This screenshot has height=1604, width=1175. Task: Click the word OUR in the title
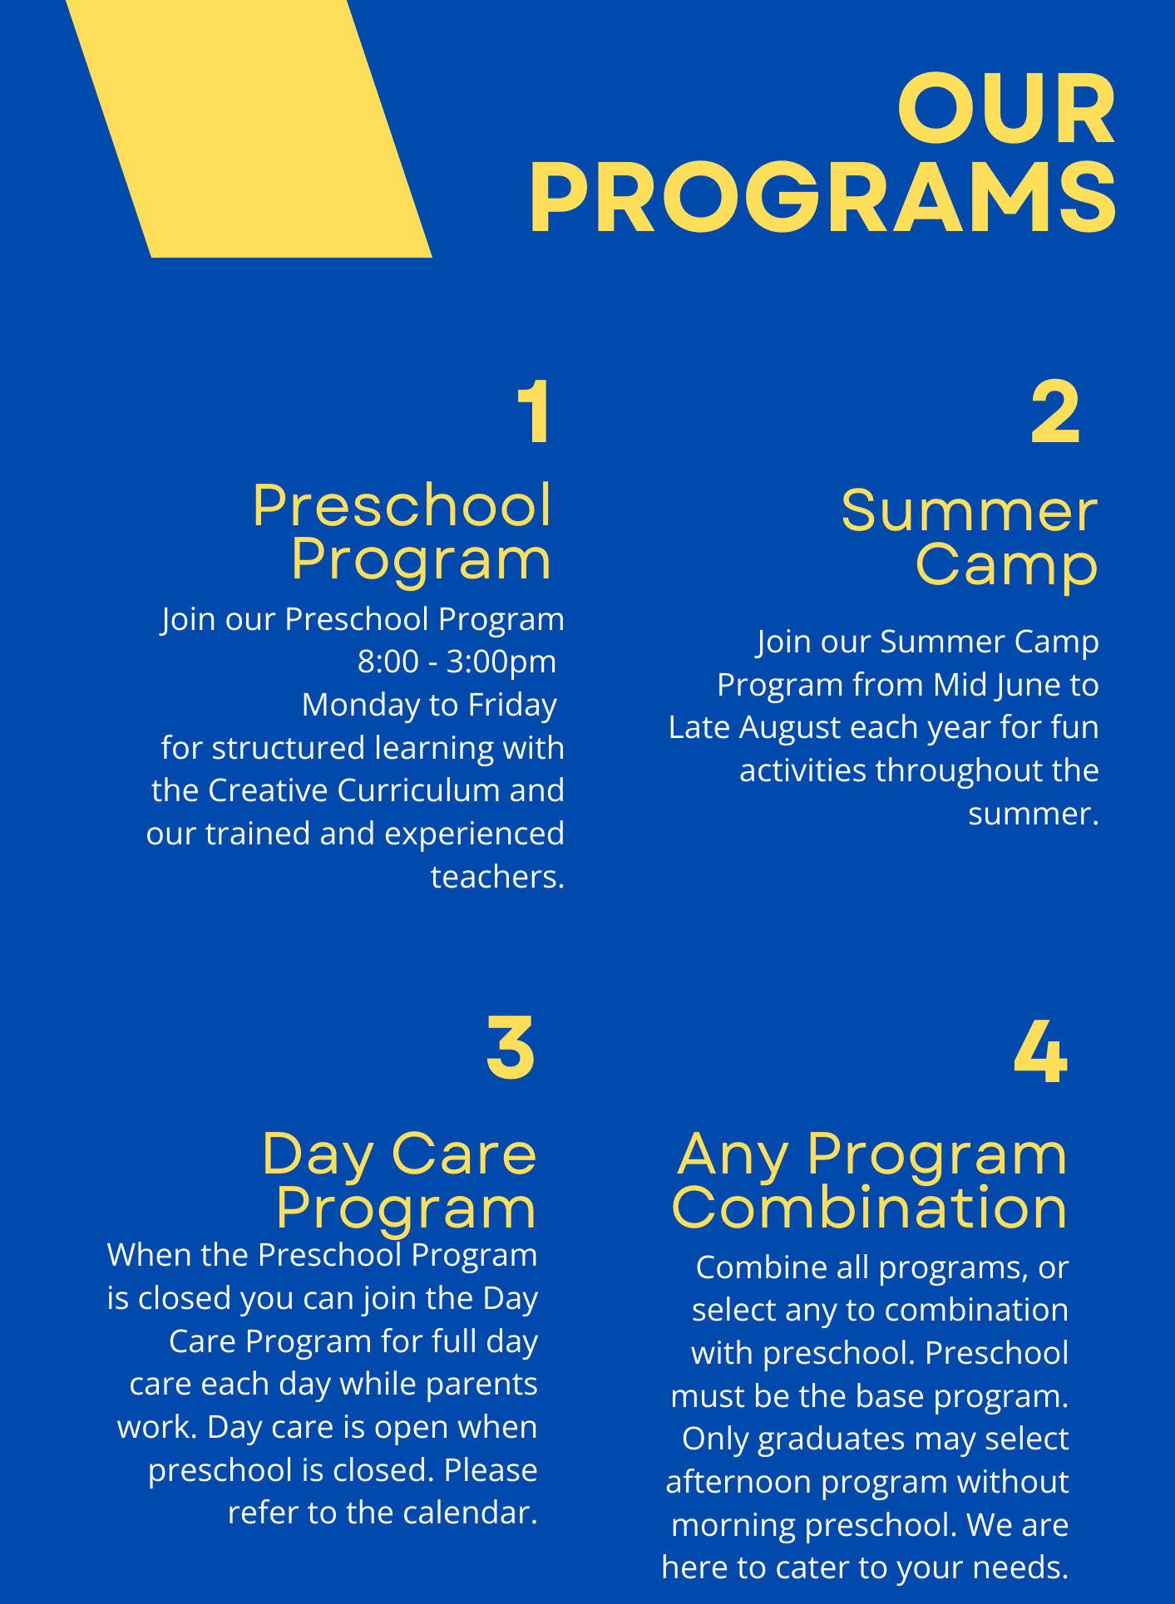[x=1006, y=109]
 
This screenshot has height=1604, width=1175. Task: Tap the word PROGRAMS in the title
[x=823, y=198]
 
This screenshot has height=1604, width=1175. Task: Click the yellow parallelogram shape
[x=249, y=128]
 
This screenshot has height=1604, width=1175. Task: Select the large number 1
[x=534, y=412]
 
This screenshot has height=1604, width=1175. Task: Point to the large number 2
[x=1055, y=412]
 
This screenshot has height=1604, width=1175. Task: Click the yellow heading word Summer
[x=970, y=511]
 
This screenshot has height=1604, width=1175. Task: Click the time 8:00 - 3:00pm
[x=457, y=662]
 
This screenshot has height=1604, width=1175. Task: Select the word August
[x=790, y=728]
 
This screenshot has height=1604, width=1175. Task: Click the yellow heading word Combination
[x=869, y=1208]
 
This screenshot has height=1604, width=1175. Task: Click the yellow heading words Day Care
[x=399, y=1155]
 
